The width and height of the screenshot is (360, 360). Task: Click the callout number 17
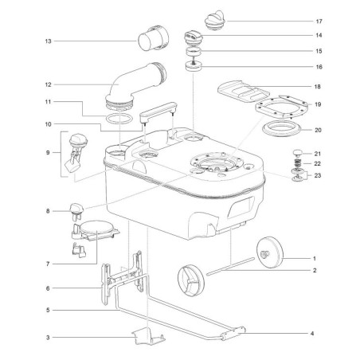point(319,22)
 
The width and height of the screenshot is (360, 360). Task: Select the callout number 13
point(48,41)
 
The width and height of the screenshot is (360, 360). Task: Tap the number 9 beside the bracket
point(48,153)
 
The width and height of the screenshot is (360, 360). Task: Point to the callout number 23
point(318,175)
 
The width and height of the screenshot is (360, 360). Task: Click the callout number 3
point(48,338)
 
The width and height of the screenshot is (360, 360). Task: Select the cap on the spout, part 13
point(153,38)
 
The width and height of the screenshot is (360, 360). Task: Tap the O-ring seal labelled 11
point(119,119)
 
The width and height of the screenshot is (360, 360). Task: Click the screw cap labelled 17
point(215,20)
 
